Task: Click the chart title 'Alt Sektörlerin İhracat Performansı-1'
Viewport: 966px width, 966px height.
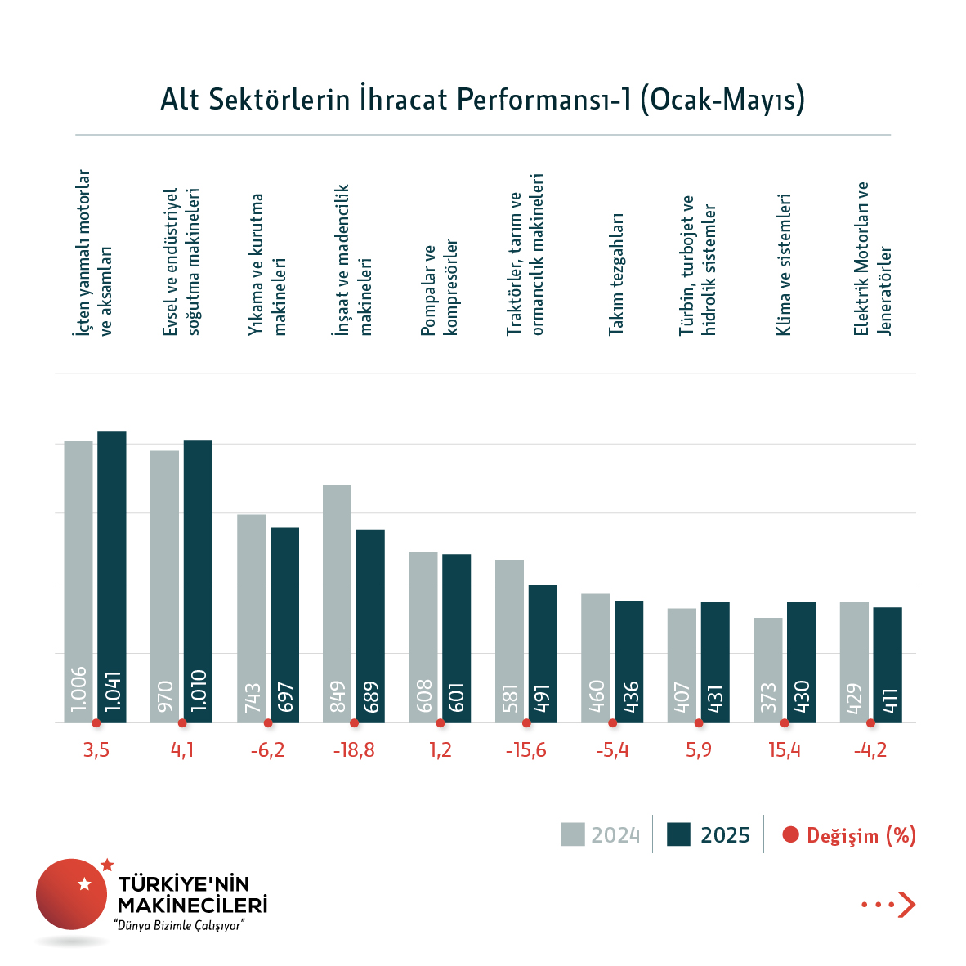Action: [x=482, y=99]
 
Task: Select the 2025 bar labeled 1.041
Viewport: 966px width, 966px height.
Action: [x=112, y=576]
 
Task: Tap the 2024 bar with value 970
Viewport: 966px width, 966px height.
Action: [x=164, y=586]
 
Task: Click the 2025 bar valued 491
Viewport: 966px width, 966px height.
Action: [x=543, y=653]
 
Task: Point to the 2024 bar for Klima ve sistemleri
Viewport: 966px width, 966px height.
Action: [x=767, y=669]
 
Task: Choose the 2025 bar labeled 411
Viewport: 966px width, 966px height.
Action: [x=888, y=664]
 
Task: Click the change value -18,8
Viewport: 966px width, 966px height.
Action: [x=354, y=750]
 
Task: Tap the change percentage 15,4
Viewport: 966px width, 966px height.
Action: [x=785, y=750]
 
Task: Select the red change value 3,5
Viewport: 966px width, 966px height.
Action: [x=96, y=750]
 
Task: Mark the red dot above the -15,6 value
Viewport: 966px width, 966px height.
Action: [x=526, y=723]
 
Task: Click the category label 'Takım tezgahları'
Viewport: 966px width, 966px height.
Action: [x=616, y=275]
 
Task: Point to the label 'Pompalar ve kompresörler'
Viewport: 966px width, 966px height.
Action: [x=439, y=288]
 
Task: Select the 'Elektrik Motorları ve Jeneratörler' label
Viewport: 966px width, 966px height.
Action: [x=872, y=258]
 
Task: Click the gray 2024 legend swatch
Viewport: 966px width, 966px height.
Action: [x=573, y=834]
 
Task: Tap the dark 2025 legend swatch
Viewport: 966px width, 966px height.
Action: [x=678, y=834]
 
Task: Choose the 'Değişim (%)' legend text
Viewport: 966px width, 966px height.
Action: [x=861, y=835]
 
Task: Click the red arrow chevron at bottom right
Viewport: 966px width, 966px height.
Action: [x=906, y=905]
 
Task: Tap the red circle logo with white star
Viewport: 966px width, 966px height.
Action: [x=72, y=893]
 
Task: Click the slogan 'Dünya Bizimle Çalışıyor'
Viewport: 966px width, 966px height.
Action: [x=180, y=926]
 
